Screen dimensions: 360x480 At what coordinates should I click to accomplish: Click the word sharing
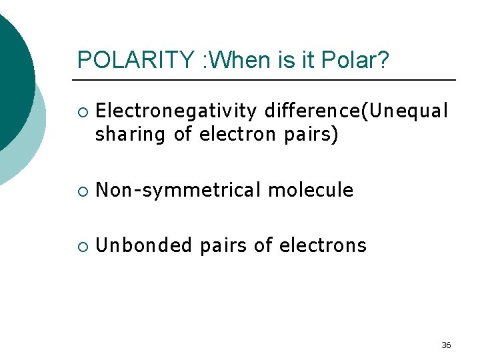(131, 135)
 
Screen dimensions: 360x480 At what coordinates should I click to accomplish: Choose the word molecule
(311, 190)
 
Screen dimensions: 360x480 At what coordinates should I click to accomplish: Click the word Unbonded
(143, 245)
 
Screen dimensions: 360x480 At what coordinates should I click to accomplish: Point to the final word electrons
(323, 245)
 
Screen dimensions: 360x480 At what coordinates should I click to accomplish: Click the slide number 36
(446, 345)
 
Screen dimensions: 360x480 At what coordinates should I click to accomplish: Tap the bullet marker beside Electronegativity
(81, 110)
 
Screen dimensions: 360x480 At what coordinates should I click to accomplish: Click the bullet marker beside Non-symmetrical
(81, 191)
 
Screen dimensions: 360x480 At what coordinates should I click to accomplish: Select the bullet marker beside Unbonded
(81, 246)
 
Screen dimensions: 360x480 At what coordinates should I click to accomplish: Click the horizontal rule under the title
(267, 80)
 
